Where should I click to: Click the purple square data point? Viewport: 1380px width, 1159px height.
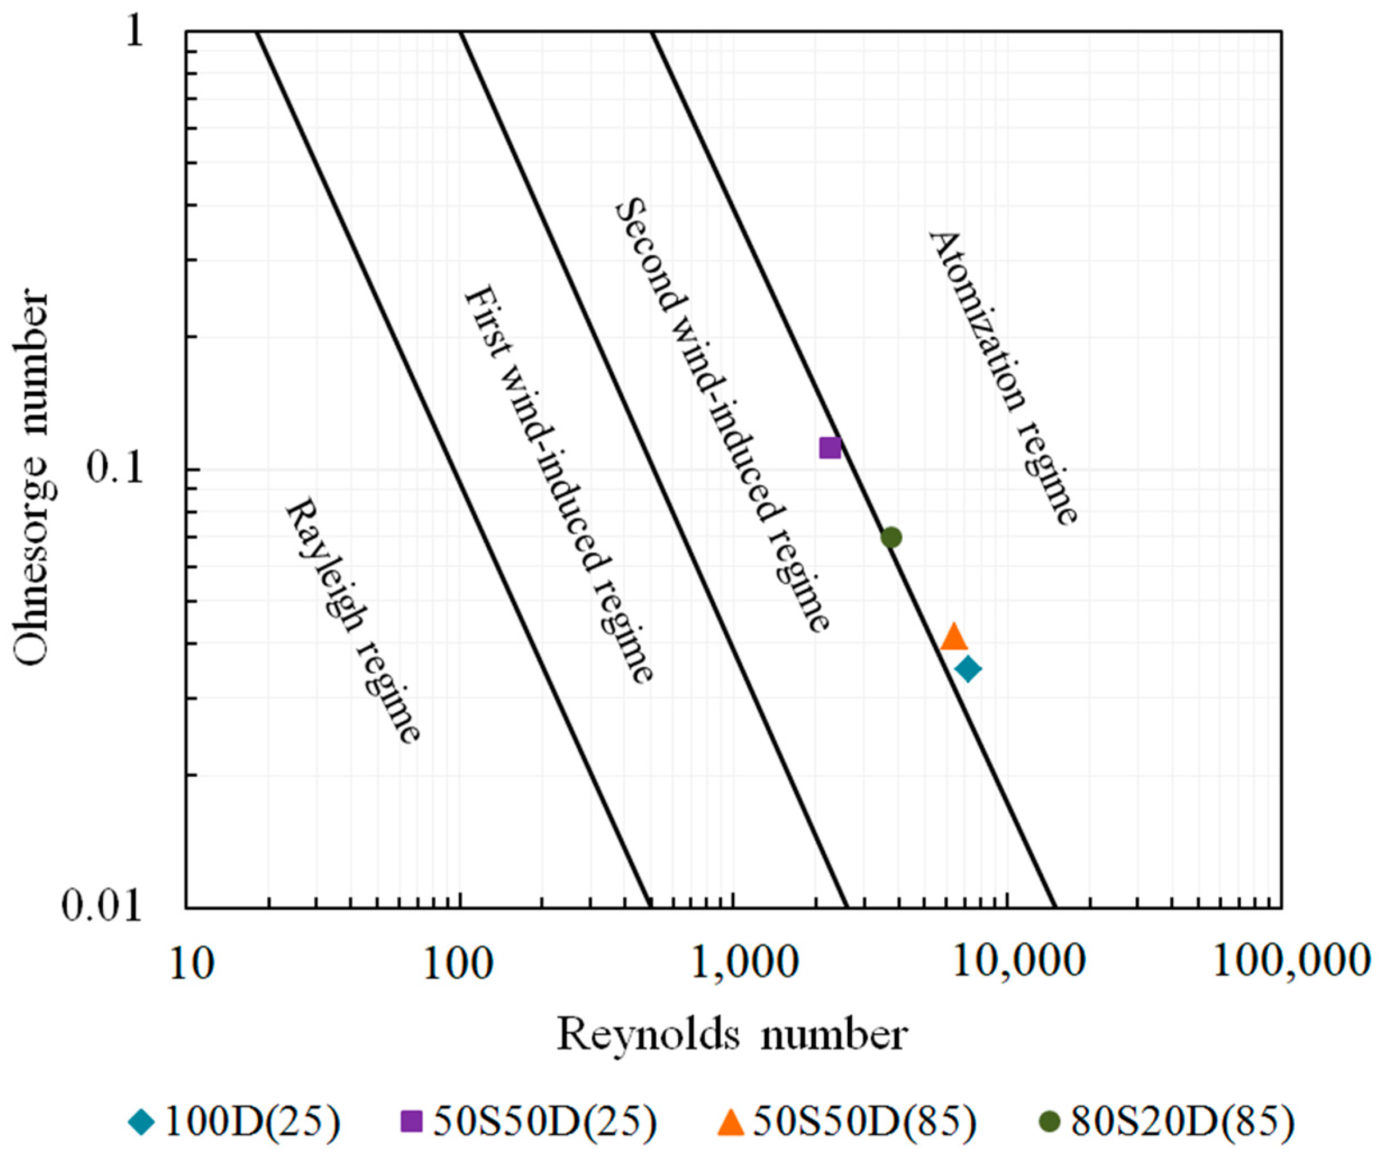(x=830, y=448)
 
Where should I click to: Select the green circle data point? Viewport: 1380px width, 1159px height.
(x=890, y=538)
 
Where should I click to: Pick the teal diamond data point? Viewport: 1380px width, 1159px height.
(x=968, y=670)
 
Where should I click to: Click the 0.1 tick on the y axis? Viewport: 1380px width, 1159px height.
(x=116, y=470)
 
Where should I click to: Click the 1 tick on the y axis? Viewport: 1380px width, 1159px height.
(x=135, y=31)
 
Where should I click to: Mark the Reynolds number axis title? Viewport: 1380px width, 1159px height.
(x=732, y=1035)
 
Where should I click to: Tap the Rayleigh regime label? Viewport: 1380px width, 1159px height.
(x=352, y=621)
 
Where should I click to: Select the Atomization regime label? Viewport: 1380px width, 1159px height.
(x=1003, y=378)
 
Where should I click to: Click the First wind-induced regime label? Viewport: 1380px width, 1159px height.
(x=559, y=483)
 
